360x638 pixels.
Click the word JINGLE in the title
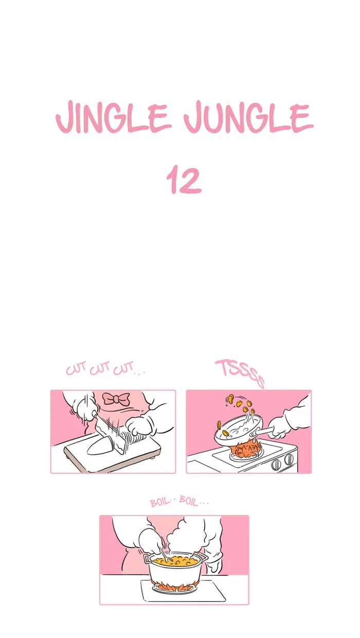tap(113, 117)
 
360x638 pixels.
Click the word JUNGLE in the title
tap(248, 117)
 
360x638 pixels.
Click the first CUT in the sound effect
tap(76, 369)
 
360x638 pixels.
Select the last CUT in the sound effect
tap(123, 368)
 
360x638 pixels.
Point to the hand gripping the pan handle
tap(282, 427)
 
